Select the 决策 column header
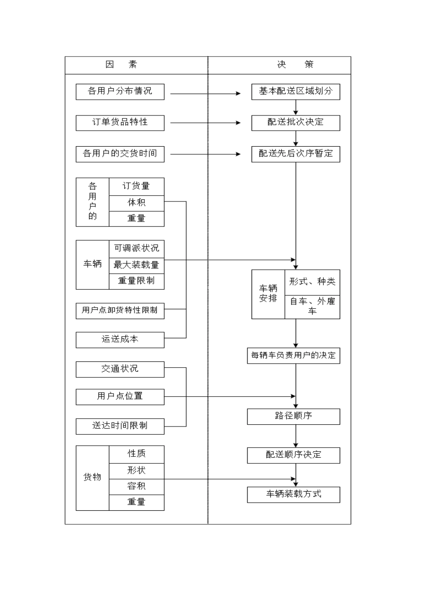(295, 65)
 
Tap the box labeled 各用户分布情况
(120, 91)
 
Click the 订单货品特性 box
(120, 123)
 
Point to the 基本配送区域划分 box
(296, 91)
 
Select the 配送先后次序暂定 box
(296, 154)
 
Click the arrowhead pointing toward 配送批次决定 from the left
(238, 123)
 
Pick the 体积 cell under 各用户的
(136, 202)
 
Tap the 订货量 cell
(136, 186)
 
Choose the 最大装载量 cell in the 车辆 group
(136, 265)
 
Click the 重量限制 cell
(136, 281)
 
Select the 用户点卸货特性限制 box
(120, 310)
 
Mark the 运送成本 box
(120, 340)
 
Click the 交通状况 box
(120, 369)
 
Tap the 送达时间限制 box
(120, 426)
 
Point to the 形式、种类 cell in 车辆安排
(312, 282)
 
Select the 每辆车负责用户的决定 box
(293, 356)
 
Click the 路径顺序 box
(293, 416)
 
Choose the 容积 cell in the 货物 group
(136, 486)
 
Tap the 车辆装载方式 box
(293, 494)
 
